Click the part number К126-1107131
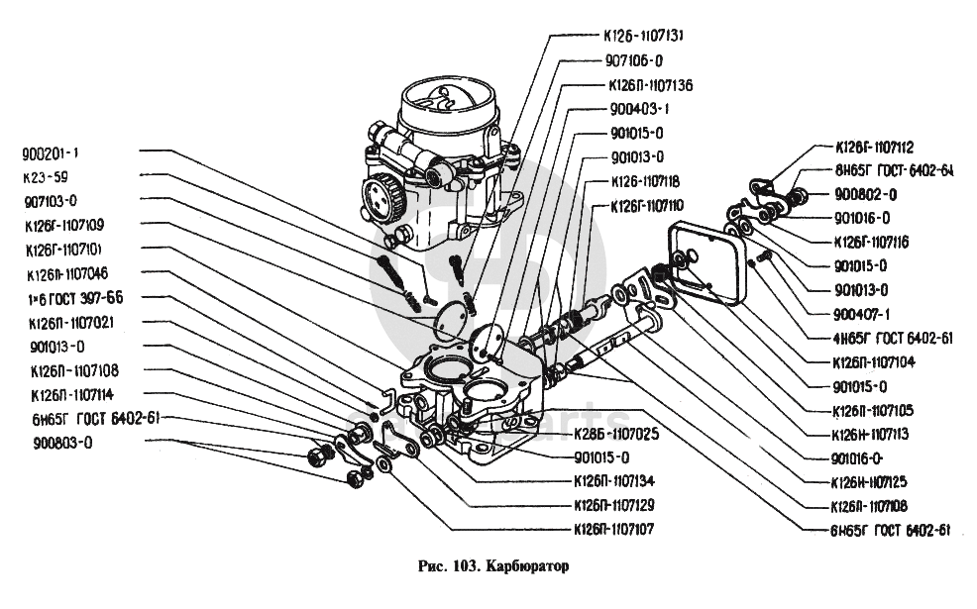(644, 35)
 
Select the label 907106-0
(633, 59)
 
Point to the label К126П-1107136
(650, 85)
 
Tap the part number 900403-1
(640, 109)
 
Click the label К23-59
(45, 178)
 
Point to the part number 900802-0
(865, 194)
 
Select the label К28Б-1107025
(616, 433)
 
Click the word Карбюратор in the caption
(531, 569)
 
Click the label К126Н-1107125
(870, 482)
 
